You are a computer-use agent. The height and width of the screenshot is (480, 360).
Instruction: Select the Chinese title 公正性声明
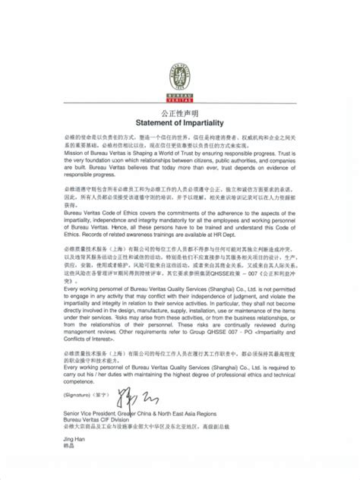point(180,112)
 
